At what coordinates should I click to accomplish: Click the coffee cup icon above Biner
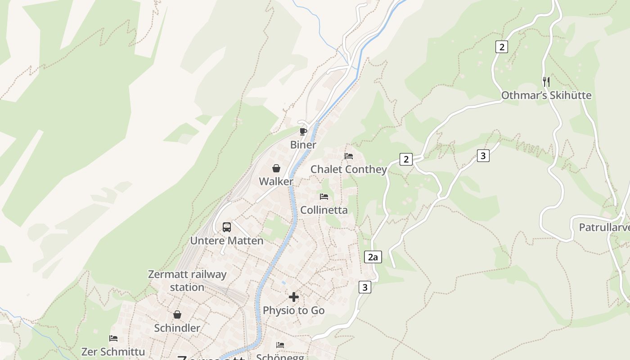303,131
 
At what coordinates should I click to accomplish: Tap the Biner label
303,145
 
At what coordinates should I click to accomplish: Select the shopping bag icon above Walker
276,168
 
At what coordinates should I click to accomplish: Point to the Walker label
276,181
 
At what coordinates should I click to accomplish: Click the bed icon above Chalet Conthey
349,156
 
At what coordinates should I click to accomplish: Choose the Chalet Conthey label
349,169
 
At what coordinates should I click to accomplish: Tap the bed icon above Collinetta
324,197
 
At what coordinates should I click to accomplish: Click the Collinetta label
324,210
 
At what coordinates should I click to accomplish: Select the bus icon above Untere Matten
227,227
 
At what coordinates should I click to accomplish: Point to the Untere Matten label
227,241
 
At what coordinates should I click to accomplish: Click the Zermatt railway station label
187,280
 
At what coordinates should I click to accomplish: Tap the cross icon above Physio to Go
294,297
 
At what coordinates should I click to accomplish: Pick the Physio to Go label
294,310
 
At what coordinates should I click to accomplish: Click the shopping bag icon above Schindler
177,315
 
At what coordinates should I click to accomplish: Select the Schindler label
177,328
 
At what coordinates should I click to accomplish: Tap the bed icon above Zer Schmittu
113,338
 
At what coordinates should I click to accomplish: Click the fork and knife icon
546,82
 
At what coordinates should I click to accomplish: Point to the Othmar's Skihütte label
546,95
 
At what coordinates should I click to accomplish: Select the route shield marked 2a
373,257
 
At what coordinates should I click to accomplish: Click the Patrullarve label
604,227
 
